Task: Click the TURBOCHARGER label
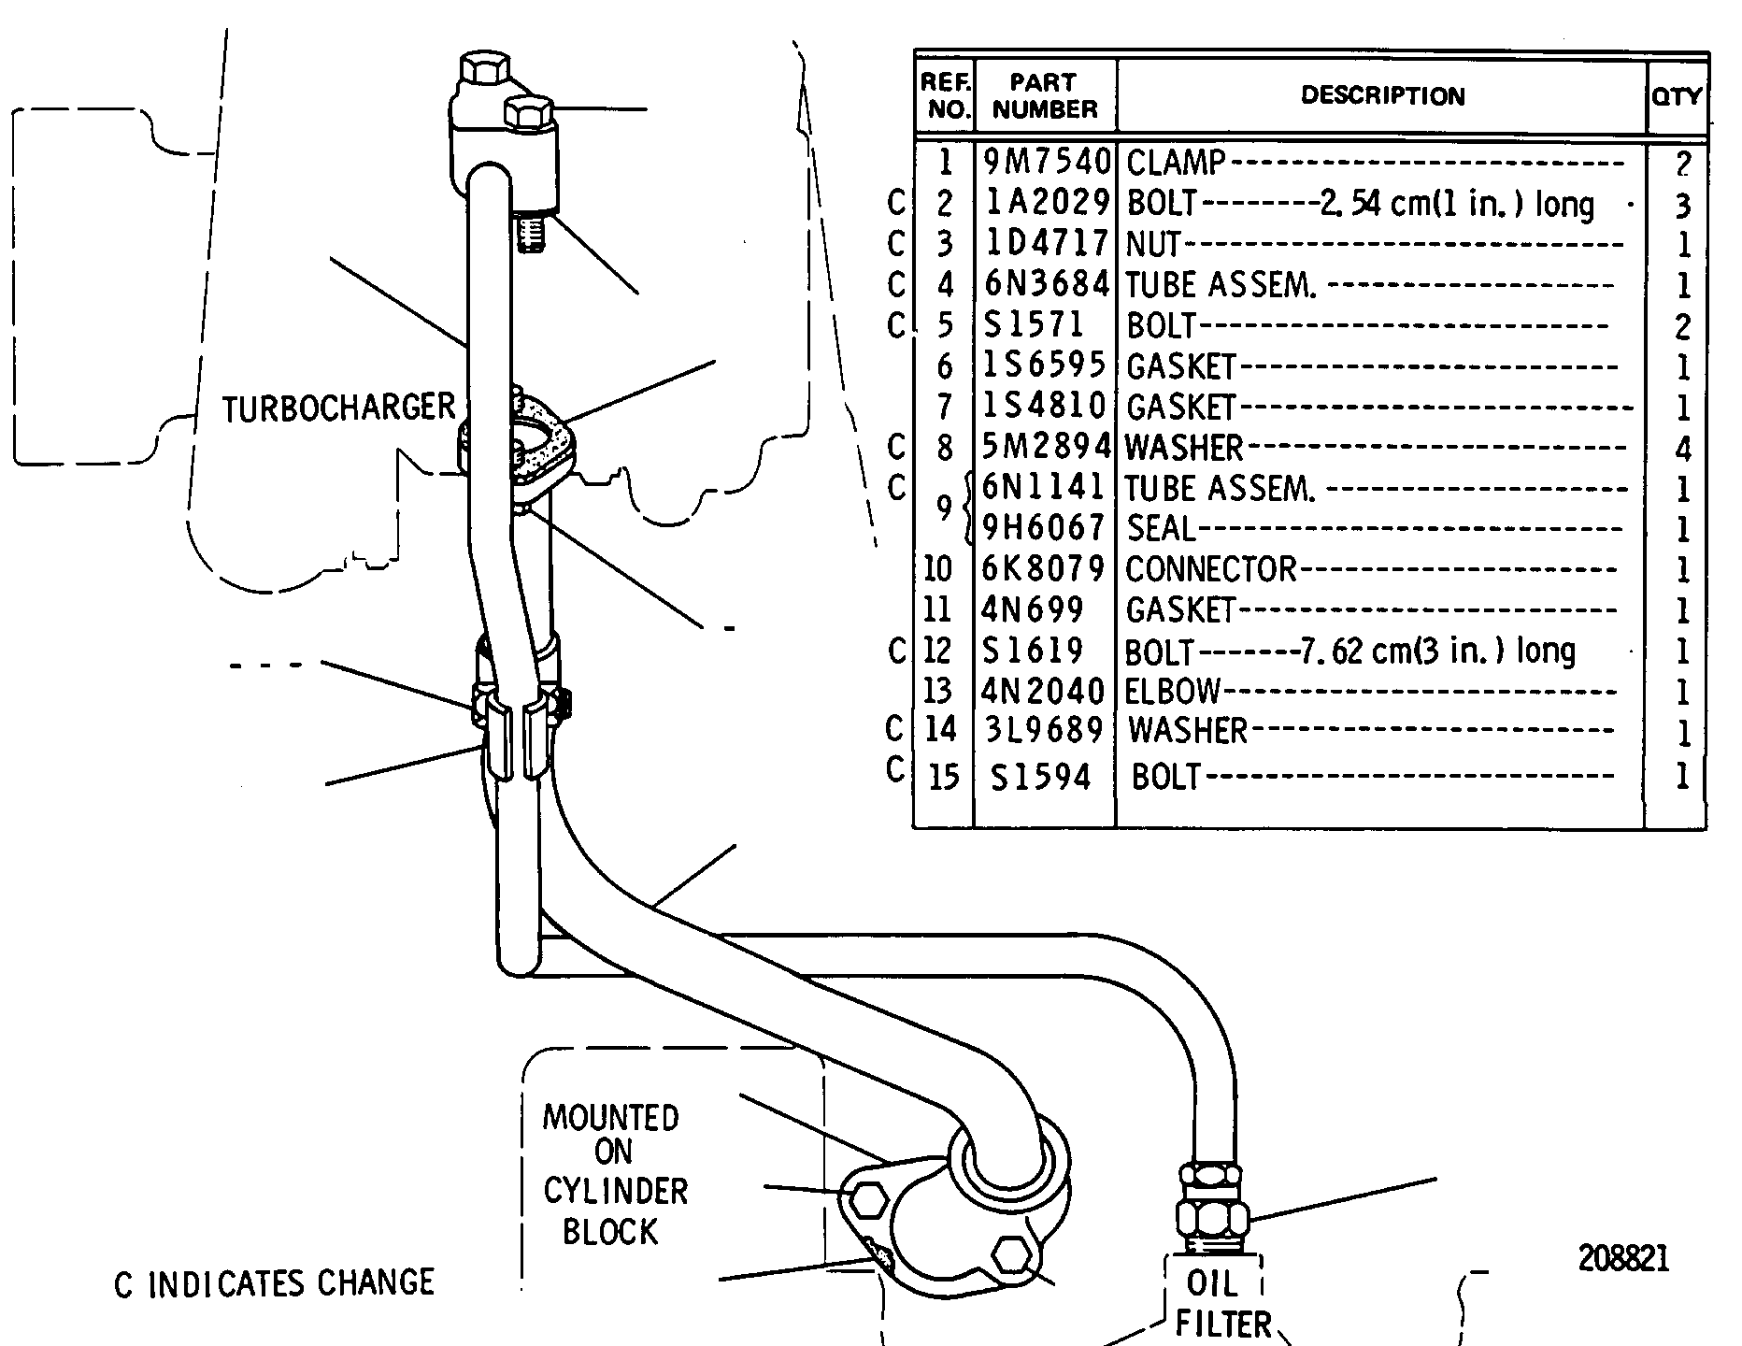[338, 408]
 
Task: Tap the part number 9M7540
[1046, 163]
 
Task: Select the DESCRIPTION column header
[1383, 95]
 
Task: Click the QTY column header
[1678, 95]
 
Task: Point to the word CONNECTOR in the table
[1211, 569]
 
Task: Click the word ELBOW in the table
[1173, 691]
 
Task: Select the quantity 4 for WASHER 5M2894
[1683, 450]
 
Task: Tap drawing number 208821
[1623, 1258]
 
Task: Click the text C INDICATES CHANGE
[275, 1283]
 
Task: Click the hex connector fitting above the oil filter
[1211, 1206]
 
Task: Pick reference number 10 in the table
[936, 569]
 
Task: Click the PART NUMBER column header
[1045, 95]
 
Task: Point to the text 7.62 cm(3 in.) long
[1437, 650]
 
